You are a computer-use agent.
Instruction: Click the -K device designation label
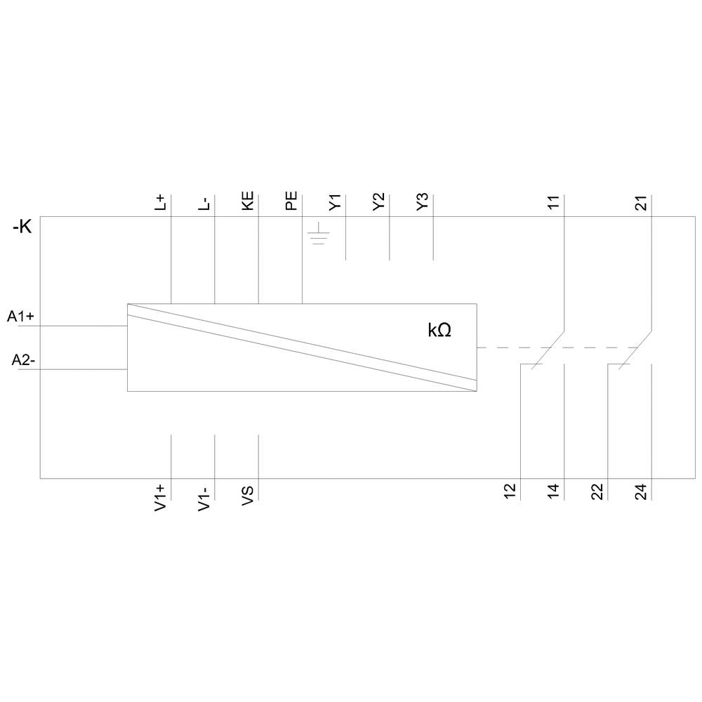22,228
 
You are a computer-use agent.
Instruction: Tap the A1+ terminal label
21,317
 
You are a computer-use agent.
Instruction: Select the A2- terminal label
23,360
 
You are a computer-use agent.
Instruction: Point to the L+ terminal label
161,204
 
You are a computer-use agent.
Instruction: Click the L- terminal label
204,204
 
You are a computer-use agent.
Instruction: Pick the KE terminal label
248,201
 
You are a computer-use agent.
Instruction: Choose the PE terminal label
291,201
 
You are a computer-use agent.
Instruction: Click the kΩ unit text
439,331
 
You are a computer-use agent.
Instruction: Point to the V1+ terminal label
161,496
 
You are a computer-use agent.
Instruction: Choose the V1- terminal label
204,496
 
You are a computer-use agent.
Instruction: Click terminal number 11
554,204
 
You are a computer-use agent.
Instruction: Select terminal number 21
641,204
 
